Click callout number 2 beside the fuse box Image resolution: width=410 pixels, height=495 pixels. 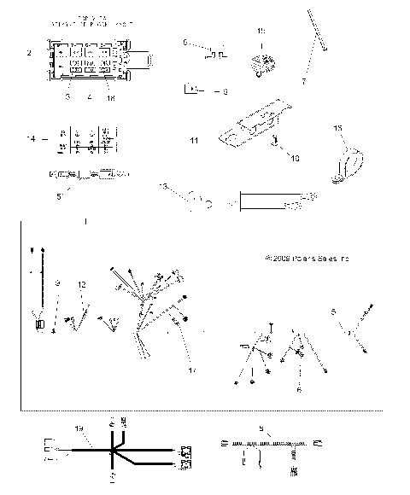[29, 53]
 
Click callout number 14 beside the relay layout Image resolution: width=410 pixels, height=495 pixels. [32, 137]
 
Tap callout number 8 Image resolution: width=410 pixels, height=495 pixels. [225, 90]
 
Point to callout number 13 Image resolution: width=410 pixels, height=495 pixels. [162, 187]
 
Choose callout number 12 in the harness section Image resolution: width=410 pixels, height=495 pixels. [82, 283]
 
